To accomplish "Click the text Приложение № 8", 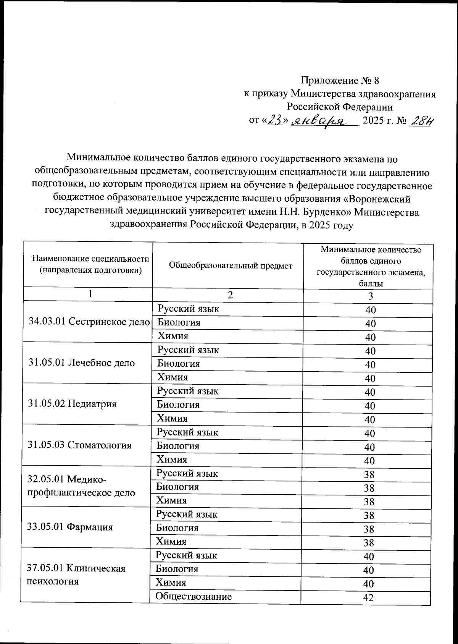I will (x=339, y=81).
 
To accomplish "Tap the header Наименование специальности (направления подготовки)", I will (x=91, y=264).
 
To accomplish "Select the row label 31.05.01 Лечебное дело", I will (x=82, y=362).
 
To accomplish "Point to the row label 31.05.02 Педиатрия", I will (x=72, y=404).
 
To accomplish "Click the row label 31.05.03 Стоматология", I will (x=79, y=445).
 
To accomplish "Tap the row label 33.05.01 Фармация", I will (x=70, y=527).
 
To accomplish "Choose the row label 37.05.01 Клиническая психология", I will (x=76, y=575).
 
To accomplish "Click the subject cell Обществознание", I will (x=194, y=596).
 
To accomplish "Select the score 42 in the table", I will (x=368, y=598).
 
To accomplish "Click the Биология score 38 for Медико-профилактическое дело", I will (x=369, y=488).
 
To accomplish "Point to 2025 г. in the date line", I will (x=378, y=121).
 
